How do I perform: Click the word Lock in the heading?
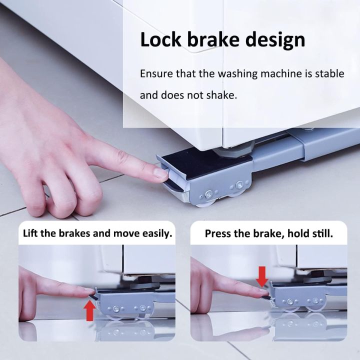(x=160, y=39)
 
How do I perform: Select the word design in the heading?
(x=275, y=41)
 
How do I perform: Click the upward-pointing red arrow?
(x=90, y=310)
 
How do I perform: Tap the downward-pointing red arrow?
(x=262, y=276)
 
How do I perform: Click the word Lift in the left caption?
(x=30, y=233)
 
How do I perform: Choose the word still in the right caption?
(x=323, y=233)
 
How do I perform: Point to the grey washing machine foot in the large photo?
(x=233, y=149)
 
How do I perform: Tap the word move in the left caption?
(x=126, y=233)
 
